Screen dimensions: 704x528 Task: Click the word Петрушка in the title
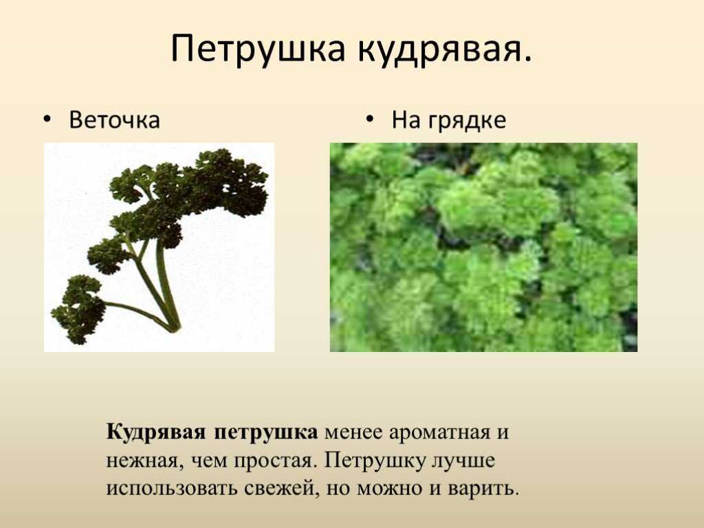tap(258, 49)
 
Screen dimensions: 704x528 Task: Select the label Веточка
tap(114, 120)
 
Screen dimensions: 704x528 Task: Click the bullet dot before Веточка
tap(47, 120)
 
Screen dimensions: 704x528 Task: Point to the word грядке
tap(467, 121)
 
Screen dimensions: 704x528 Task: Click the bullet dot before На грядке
tap(369, 119)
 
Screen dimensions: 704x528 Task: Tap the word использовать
tap(171, 489)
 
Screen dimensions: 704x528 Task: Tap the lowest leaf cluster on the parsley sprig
tap(77, 310)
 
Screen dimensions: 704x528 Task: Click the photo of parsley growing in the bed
tap(483, 247)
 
